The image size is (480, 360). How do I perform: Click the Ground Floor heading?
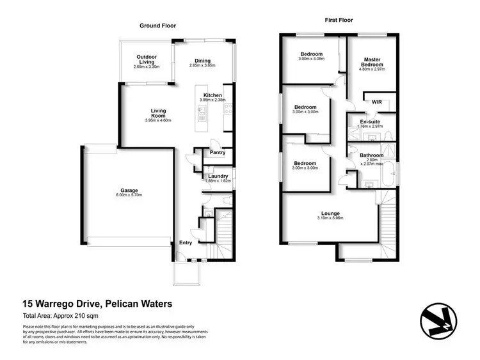click(158, 26)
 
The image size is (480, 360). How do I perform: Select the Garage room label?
click(130, 191)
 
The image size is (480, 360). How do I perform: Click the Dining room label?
click(203, 61)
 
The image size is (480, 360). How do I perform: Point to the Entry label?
click(186, 243)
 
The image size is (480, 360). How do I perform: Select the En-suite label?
click(370, 121)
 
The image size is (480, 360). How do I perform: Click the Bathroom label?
click(371, 155)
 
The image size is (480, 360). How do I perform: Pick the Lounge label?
click(331, 213)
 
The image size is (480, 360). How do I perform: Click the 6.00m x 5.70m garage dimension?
click(130, 196)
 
